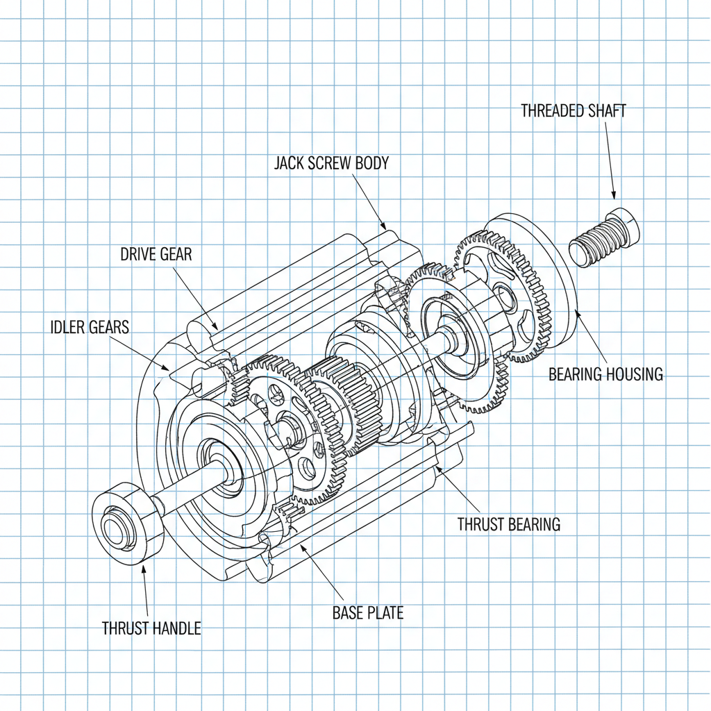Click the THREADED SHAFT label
tap(573, 110)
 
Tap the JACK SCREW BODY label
tap(331, 163)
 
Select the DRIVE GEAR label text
tap(156, 254)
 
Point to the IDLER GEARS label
tap(90, 327)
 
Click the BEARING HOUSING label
tap(605, 375)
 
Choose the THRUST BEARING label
tap(508, 524)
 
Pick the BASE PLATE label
tap(367, 613)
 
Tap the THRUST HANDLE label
tap(151, 628)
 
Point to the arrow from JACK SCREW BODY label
tap(369, 201)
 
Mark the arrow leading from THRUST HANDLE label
tap(146, 589)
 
